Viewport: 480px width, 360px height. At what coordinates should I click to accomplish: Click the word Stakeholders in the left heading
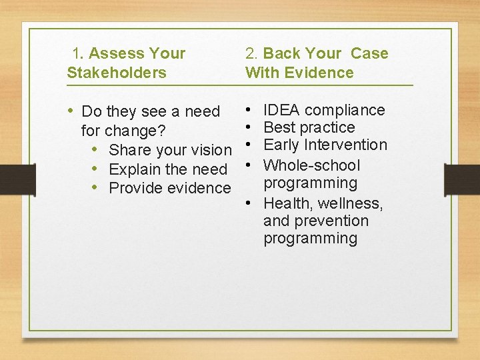point(117,73)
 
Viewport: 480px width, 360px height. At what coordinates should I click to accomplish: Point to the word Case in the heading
point(369,53)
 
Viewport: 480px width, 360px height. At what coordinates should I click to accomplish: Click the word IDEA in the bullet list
point(282,110)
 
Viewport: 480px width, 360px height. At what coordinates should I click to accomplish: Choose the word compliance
point(345,110)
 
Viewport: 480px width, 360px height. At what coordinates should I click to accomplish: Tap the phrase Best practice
point(309,127)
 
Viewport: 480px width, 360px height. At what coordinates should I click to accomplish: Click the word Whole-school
point(311,165)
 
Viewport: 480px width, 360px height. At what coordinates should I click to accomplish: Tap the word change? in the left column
point(138,130)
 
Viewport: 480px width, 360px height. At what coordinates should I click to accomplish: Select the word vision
point(211,149)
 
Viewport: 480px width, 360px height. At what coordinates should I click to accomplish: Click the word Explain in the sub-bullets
point(133,169)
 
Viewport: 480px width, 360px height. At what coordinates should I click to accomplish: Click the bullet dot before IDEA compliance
point(247,109)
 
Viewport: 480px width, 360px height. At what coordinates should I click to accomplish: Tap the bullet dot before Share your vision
point(96,149)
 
